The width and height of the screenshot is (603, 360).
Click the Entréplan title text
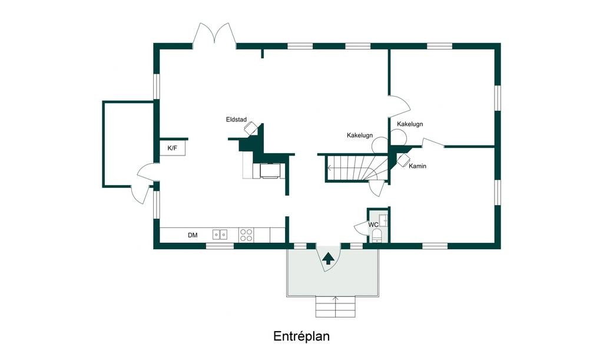pyautogui.click(x=301, y=336)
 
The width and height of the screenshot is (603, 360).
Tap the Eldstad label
pyautogui.click(x=236, y=120)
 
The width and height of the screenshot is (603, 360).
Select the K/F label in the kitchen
pyautogui.click(x=173, y=148)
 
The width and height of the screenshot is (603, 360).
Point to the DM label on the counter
pyautogui.click(x=193, y=235)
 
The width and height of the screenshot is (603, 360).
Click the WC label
pyautogui.click(x=373, y=224)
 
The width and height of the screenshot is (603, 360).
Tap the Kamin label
pyautogui.click(x=418, y=166)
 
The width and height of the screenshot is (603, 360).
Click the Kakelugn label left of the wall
pyautogui.click(x=360, y=136)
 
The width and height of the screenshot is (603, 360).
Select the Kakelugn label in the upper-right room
pyautogui.click(x=410, y=124)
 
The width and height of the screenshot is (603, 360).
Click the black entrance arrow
pyautogui.click(x=327, y=259)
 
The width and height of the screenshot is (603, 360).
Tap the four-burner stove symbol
pyautogui.click(x=246, y=235)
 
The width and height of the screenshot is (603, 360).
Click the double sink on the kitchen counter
pyautogui.click(x=220, y=235)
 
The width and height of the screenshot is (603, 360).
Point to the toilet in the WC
pyautogui.click(x=376, y=235)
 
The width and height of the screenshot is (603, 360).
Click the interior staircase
pyautogui.click(x=356, y=168)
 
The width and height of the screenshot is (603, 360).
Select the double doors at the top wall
pyautogui.click(x=214, y=36)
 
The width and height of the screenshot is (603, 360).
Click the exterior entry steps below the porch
pyautogui.click(x=335, y=306)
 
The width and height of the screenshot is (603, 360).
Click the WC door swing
pyautogui.click(x=361, y=228)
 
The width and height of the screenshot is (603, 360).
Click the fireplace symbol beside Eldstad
pyautogui.click(x=251, y=128)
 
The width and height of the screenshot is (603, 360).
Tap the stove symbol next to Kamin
pyautogui.click(x=403, y=160)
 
